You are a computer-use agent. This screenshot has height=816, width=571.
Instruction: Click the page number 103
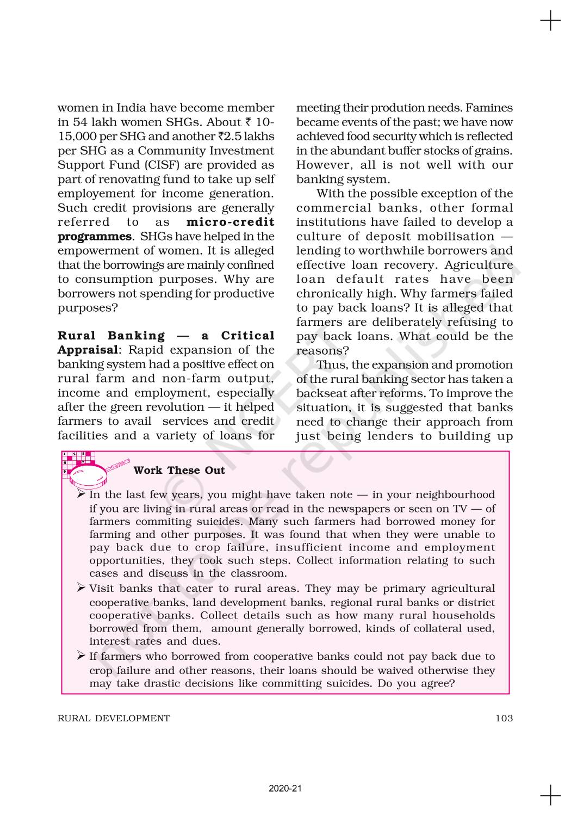tap(504, 718)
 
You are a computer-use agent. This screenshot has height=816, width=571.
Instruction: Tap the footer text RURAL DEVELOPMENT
tap(114, 718)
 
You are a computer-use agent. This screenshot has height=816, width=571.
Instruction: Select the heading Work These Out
tap(179, 471)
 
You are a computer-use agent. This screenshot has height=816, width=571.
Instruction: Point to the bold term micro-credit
tap(231, 222)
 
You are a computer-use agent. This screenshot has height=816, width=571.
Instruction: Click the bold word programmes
tap(95, 236)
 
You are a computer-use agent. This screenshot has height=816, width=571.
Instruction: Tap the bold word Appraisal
tap(88, 350)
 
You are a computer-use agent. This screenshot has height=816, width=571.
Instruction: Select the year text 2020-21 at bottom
tap(285, 788)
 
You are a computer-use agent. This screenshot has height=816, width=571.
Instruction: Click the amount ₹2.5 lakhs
tap(245, 136)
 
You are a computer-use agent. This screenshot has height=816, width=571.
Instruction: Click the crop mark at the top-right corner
tap(550, 21)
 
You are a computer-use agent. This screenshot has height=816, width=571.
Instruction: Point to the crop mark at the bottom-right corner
tap(550, 795)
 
